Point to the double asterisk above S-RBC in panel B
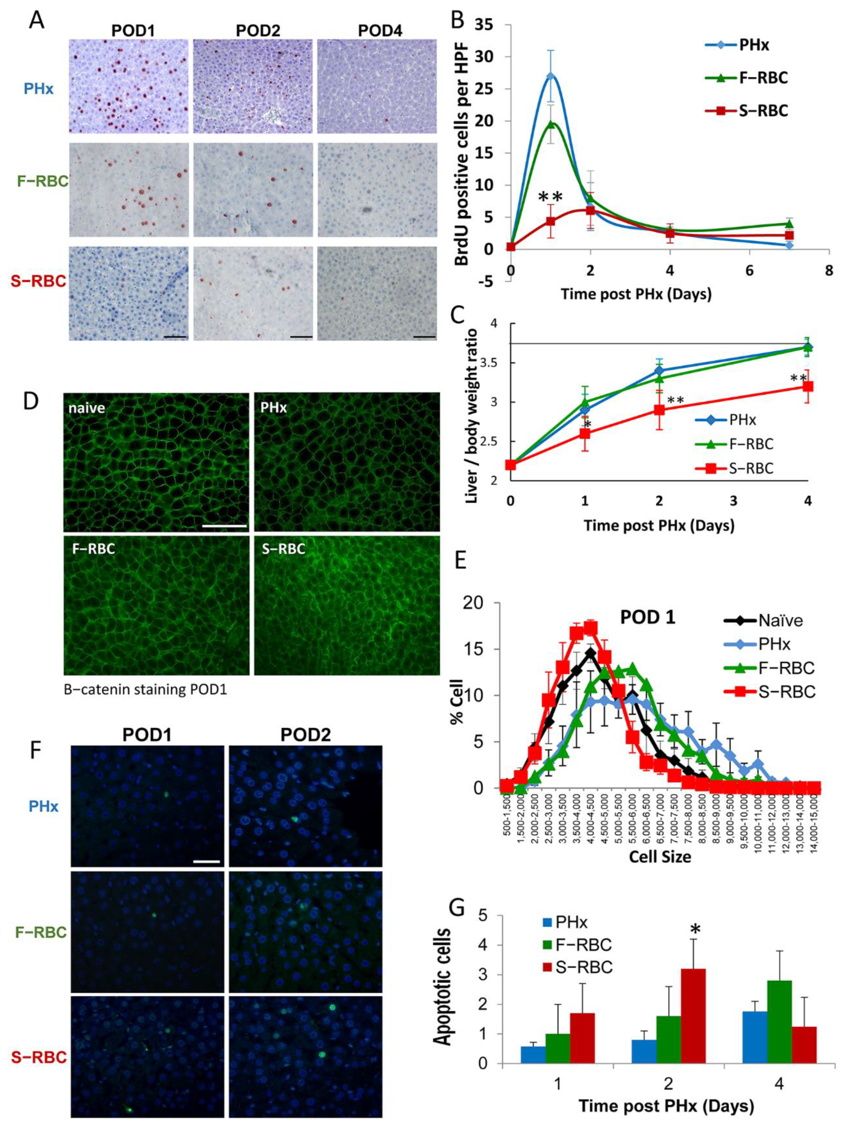point(550,197)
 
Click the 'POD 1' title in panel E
point(647,618)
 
